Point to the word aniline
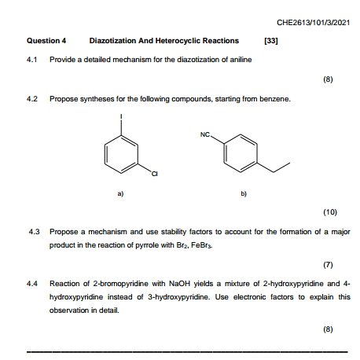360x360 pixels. (240, 60)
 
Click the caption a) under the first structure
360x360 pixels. (119, 191)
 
